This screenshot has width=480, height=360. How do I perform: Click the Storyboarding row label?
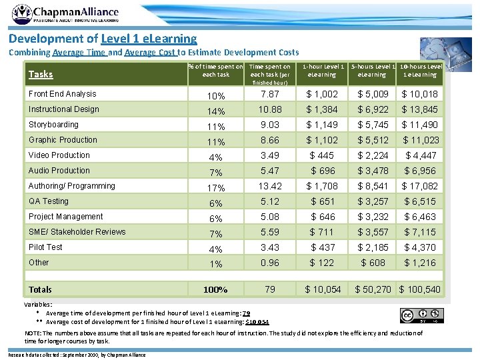(x=53, y=125)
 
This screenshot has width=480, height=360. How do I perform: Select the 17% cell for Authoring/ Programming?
(x=216, y=187)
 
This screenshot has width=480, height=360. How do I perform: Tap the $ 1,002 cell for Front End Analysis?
(x=322, y=95)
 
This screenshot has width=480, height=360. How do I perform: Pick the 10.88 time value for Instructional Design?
(x=269, y=109)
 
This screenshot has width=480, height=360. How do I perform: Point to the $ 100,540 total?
(x=420, y=289)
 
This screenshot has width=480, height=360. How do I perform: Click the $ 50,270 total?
(x=373, y=289)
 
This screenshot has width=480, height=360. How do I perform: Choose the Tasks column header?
(x=41, y=74)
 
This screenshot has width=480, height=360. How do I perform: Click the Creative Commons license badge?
(x=421, y=315)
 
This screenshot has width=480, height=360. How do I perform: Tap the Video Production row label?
(x=59, y=155)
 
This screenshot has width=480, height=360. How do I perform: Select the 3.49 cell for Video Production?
(x=269, y=155)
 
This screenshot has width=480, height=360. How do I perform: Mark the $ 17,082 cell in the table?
(x=419, y=186)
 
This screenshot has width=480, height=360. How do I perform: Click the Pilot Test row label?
(x=45, y=247)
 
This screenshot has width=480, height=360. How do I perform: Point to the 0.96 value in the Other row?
(x=269, y=263)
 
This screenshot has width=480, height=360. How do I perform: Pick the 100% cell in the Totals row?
(x=216, y=289)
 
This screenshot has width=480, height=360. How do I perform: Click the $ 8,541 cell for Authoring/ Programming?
(x=373, y=186)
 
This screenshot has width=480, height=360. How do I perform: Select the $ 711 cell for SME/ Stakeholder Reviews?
(x=322, y=232)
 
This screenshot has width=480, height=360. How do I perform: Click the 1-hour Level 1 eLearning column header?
(x=324, y=71)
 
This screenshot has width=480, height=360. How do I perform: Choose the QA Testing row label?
(x=48, y=201)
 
